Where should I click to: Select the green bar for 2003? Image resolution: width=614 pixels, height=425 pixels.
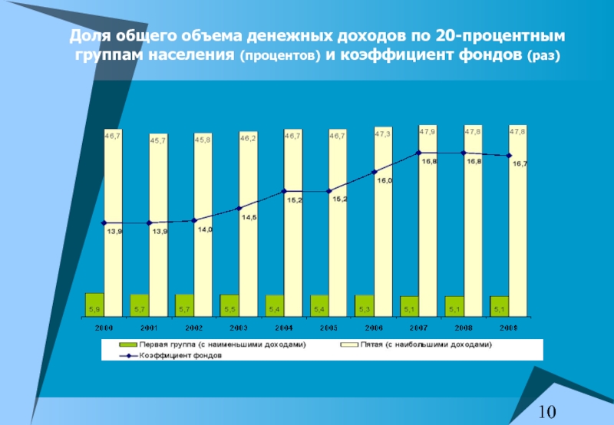(x=229, y=305)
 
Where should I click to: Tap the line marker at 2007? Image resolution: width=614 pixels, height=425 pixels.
(x=419, y=153)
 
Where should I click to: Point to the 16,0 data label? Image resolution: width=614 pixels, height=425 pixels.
(x=385, y=180)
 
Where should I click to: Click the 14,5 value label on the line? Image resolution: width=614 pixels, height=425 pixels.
(x=249, y=218)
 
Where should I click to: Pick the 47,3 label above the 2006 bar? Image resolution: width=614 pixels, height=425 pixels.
(x=382, y=133)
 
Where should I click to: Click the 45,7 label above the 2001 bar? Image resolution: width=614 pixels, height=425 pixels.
(x=158, y=140)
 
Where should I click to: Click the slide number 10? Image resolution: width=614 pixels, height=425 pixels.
(x=546, y=412)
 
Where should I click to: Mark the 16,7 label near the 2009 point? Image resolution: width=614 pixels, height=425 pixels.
(x=520, y=164)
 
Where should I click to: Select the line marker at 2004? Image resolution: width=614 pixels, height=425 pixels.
(x=284, y=191)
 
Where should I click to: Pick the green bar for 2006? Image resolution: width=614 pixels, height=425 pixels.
(x=364, y=305)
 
